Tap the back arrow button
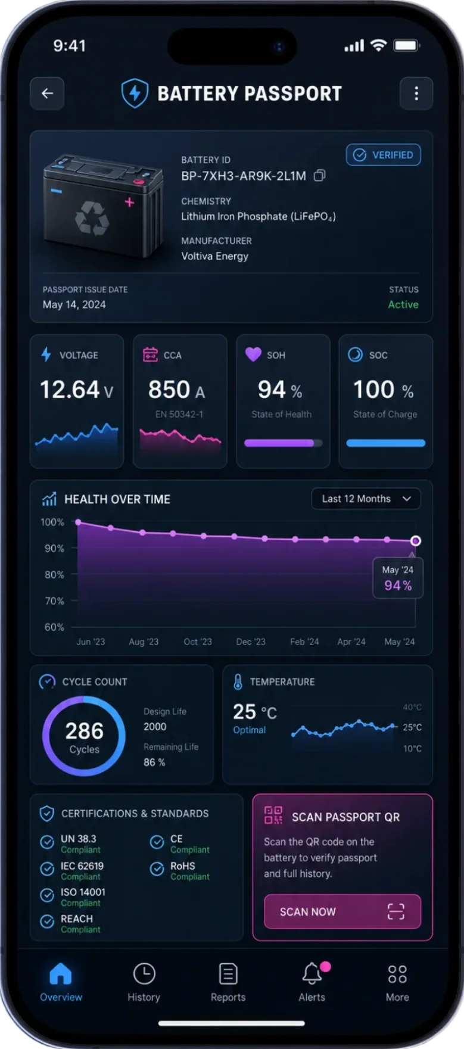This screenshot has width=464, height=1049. [47, 94]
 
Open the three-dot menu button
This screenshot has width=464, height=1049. [416, 94]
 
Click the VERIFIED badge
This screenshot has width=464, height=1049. [384, 155]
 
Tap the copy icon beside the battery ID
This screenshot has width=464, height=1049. [320, 176]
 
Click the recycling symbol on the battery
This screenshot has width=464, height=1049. [92, 218]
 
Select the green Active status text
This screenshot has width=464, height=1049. [403, 304]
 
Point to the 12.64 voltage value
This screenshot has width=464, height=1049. [70, 390]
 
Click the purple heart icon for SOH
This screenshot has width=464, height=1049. [253, 354]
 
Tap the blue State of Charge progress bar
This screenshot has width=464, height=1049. [386, 443]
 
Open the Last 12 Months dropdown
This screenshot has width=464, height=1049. [366, 499]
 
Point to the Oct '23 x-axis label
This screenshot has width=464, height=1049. [198, 642]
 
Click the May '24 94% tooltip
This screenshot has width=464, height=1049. [398, 578]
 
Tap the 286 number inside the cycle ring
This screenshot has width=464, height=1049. [85, 731]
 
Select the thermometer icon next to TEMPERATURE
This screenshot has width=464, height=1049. [238, 682]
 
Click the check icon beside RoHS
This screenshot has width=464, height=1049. [157, 869]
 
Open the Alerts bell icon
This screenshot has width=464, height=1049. [312, 974]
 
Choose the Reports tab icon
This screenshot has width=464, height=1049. [228, 975]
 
